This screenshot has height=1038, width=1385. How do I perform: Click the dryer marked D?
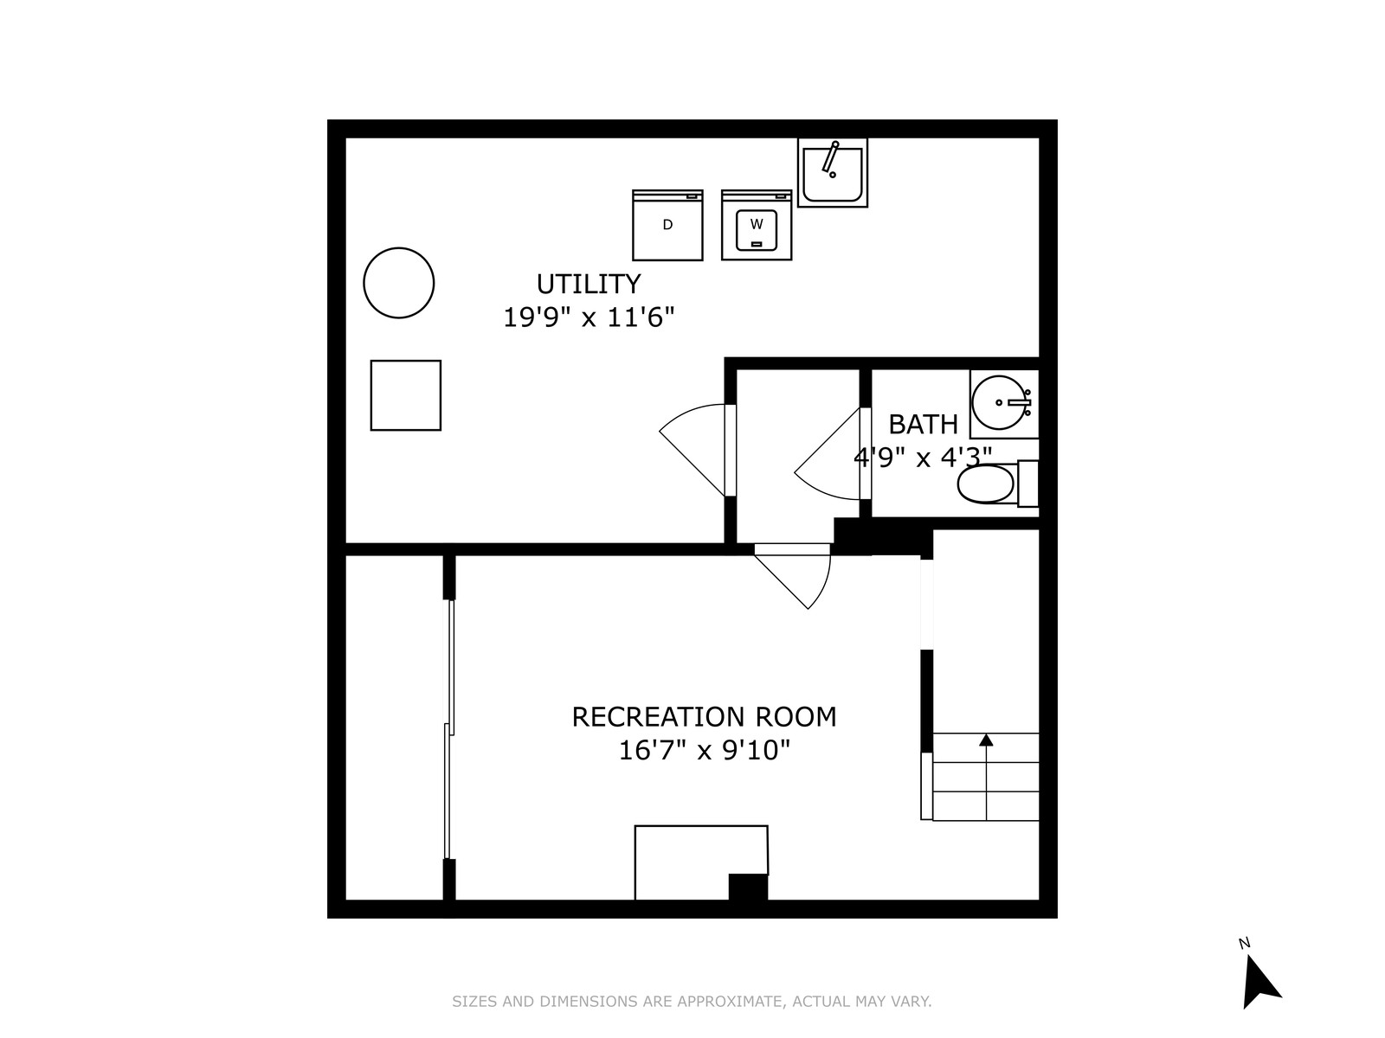667,224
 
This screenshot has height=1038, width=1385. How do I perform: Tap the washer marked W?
756,224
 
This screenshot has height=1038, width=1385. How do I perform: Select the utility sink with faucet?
832,172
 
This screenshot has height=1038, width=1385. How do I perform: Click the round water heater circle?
398,282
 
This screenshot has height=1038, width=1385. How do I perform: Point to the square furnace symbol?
405,395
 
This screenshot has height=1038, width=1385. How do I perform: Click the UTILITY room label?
588,285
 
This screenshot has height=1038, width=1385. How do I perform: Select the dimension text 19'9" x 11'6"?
588,317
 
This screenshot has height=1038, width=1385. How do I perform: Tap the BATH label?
923,424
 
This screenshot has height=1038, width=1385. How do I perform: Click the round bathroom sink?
1000,402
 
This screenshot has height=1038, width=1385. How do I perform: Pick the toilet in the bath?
997,484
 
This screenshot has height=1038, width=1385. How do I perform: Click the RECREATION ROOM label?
704,716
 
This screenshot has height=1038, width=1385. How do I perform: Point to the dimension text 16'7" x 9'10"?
704,750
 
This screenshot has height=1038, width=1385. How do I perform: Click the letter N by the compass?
1244,943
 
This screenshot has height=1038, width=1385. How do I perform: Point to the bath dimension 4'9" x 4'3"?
923,457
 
